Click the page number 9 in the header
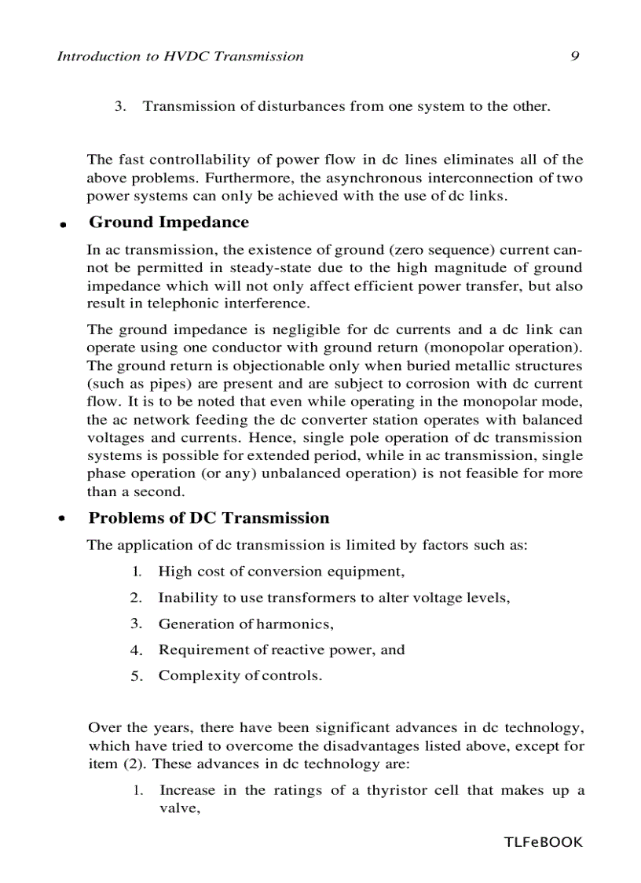pyautogui.click(x=574, y=57)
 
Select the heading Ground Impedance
pyautogui.click(x=168, y=223)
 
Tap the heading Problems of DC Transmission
pyautogui.click(x=208, y=518)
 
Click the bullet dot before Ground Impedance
pyautogui.click(x=62, y=225)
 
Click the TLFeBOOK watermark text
pyautogui.click(x=544, y=843)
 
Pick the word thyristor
pyautogui.click(x=397, y=791)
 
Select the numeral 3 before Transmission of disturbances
pyautogui.click(x=119, y=106)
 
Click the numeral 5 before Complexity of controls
pyautogui.click(x=135, y=676)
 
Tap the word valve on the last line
pyautogui.click(x=175, y=808)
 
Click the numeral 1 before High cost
pyautogui.click(x=136, y=572)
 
